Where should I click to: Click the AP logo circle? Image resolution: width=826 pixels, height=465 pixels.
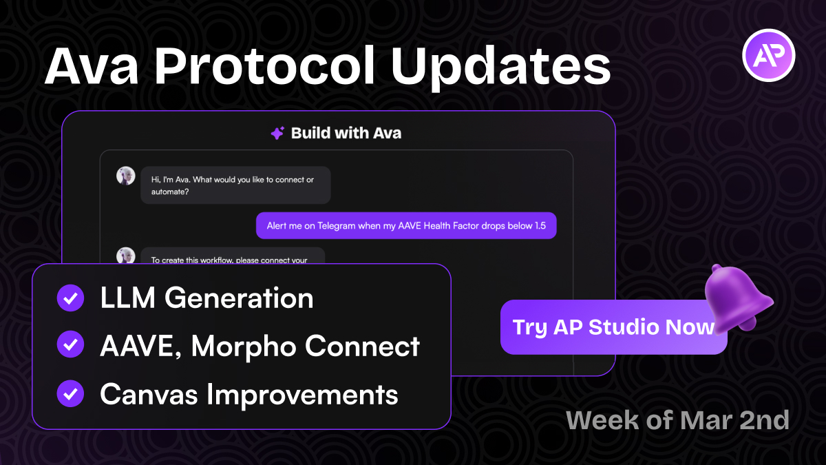(x=769, y=56)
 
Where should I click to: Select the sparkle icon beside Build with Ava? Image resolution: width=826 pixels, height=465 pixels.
(x=277, y=134)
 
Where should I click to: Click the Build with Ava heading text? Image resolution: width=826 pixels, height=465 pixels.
(x=346, y=133)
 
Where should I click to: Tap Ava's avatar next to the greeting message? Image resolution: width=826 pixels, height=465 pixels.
(x=125, y=176)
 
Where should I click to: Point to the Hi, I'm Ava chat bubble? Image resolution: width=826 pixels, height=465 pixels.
(x=235, y=185)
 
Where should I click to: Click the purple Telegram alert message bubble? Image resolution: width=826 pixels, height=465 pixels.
(x=406, y=225)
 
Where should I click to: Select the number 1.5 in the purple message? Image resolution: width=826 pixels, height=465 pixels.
(x=544, y=226)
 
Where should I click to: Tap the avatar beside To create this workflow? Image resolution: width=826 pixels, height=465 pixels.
(x=125, y=256)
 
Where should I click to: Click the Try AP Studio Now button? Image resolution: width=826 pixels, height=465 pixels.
(x=613, y=327)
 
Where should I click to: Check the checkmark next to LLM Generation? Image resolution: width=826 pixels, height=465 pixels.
(x=70, y=298)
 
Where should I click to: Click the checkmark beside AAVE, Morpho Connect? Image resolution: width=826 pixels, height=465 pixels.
(x=70, y=346)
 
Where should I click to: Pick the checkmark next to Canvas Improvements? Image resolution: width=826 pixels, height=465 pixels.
(x=70, y=394)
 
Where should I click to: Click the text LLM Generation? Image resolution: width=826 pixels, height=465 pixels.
(x=206, y=298)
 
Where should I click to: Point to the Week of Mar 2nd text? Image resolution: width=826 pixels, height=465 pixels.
(x=677, y=420)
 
